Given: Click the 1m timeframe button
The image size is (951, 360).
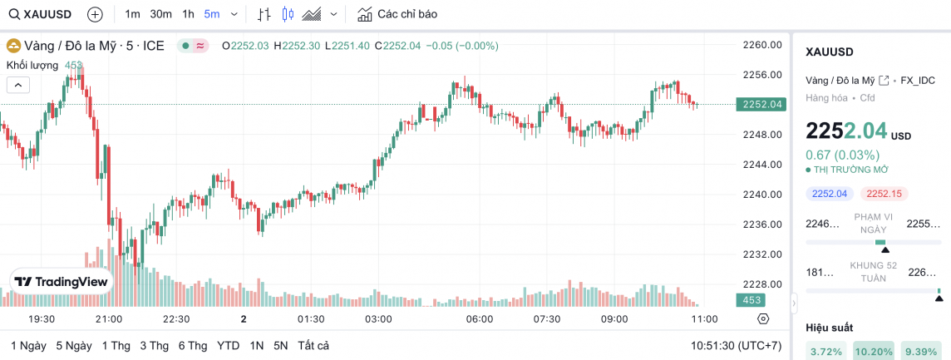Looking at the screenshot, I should pos(132,14).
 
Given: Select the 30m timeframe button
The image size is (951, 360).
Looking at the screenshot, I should pos(160,14).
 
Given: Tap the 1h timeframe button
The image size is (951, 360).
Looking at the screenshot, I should pos(188,14).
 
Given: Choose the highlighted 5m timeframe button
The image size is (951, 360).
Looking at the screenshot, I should pos(212,14).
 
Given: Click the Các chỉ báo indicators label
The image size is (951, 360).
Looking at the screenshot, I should pos(407,14).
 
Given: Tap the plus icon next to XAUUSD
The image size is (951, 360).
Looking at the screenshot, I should pos(95,14).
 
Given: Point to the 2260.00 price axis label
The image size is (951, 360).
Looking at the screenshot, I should pos(762,45).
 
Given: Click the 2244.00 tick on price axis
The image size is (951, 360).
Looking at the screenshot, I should pos(762,165).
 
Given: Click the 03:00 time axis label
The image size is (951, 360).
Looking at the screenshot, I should pos(378,319).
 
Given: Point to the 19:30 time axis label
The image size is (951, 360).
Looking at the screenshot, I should pos(42,319).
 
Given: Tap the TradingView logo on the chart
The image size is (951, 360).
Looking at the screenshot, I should pos(62,282).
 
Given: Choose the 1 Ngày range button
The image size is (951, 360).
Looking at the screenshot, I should pos(28,345).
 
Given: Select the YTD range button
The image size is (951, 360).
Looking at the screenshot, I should pos(228,345).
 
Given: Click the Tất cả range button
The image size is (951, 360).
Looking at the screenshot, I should pos(313,345).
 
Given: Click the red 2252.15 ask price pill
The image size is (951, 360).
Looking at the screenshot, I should pos(883,194).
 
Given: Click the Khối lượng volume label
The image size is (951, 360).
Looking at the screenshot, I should pos(32,65).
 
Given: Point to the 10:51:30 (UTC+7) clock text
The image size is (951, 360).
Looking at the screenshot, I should pos(736,345).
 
